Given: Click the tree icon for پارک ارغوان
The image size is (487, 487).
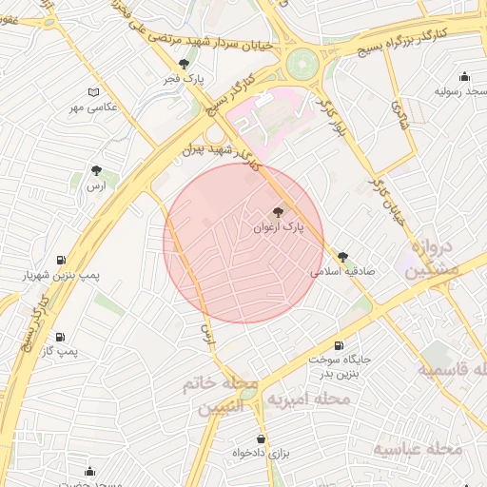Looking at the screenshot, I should (x=278, y=212).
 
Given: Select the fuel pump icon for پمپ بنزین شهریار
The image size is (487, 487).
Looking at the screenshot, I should (x=62, y=260).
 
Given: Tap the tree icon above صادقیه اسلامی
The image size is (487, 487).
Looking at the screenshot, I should (x=342, y=256).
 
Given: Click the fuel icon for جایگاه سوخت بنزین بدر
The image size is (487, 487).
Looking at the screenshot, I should (x=339, y=345).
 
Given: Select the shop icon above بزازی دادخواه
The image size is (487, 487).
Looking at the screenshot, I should (x=261, y=439).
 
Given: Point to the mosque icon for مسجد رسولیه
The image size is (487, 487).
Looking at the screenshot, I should (x=464, y=77).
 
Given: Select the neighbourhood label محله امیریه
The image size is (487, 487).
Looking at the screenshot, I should (x=306, y=399).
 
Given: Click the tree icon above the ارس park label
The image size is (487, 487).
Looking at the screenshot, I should (x=95, y=170).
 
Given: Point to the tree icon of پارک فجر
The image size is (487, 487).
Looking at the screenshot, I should (x=184, y=64).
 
